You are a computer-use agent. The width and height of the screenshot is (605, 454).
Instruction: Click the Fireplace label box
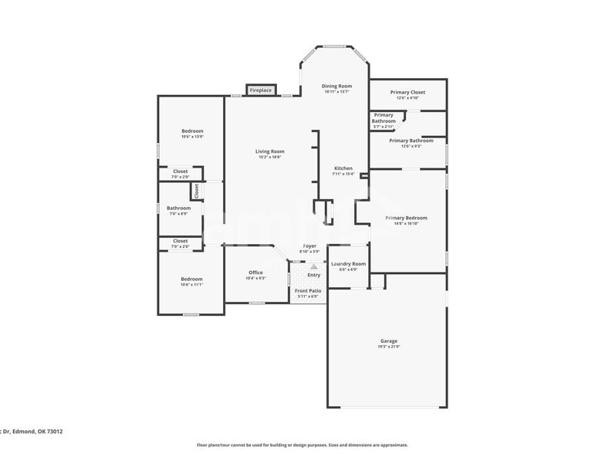261,90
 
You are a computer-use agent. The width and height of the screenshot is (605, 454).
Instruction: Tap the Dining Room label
336,86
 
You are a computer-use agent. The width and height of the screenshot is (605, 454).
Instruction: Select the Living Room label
270,151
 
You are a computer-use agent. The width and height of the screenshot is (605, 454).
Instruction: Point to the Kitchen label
343,168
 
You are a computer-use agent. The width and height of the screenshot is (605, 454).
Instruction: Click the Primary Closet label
407,92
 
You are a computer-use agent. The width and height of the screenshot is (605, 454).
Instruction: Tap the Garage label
389,340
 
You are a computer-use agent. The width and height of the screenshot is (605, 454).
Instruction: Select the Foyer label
309,246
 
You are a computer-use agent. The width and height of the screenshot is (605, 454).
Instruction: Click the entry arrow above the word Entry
313,265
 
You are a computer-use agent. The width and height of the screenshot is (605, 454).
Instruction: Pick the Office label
256,273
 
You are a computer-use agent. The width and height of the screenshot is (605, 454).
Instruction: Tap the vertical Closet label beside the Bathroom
197,190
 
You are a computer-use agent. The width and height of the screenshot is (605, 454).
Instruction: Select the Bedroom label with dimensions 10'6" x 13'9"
192,131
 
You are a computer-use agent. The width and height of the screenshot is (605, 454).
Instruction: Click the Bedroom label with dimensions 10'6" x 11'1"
191,279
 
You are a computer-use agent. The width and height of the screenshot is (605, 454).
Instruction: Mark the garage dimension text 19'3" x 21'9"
389,347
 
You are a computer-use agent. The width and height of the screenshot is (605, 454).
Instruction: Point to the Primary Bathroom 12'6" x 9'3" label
411,141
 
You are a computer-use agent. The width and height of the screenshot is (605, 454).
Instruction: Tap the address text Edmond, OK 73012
38,432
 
